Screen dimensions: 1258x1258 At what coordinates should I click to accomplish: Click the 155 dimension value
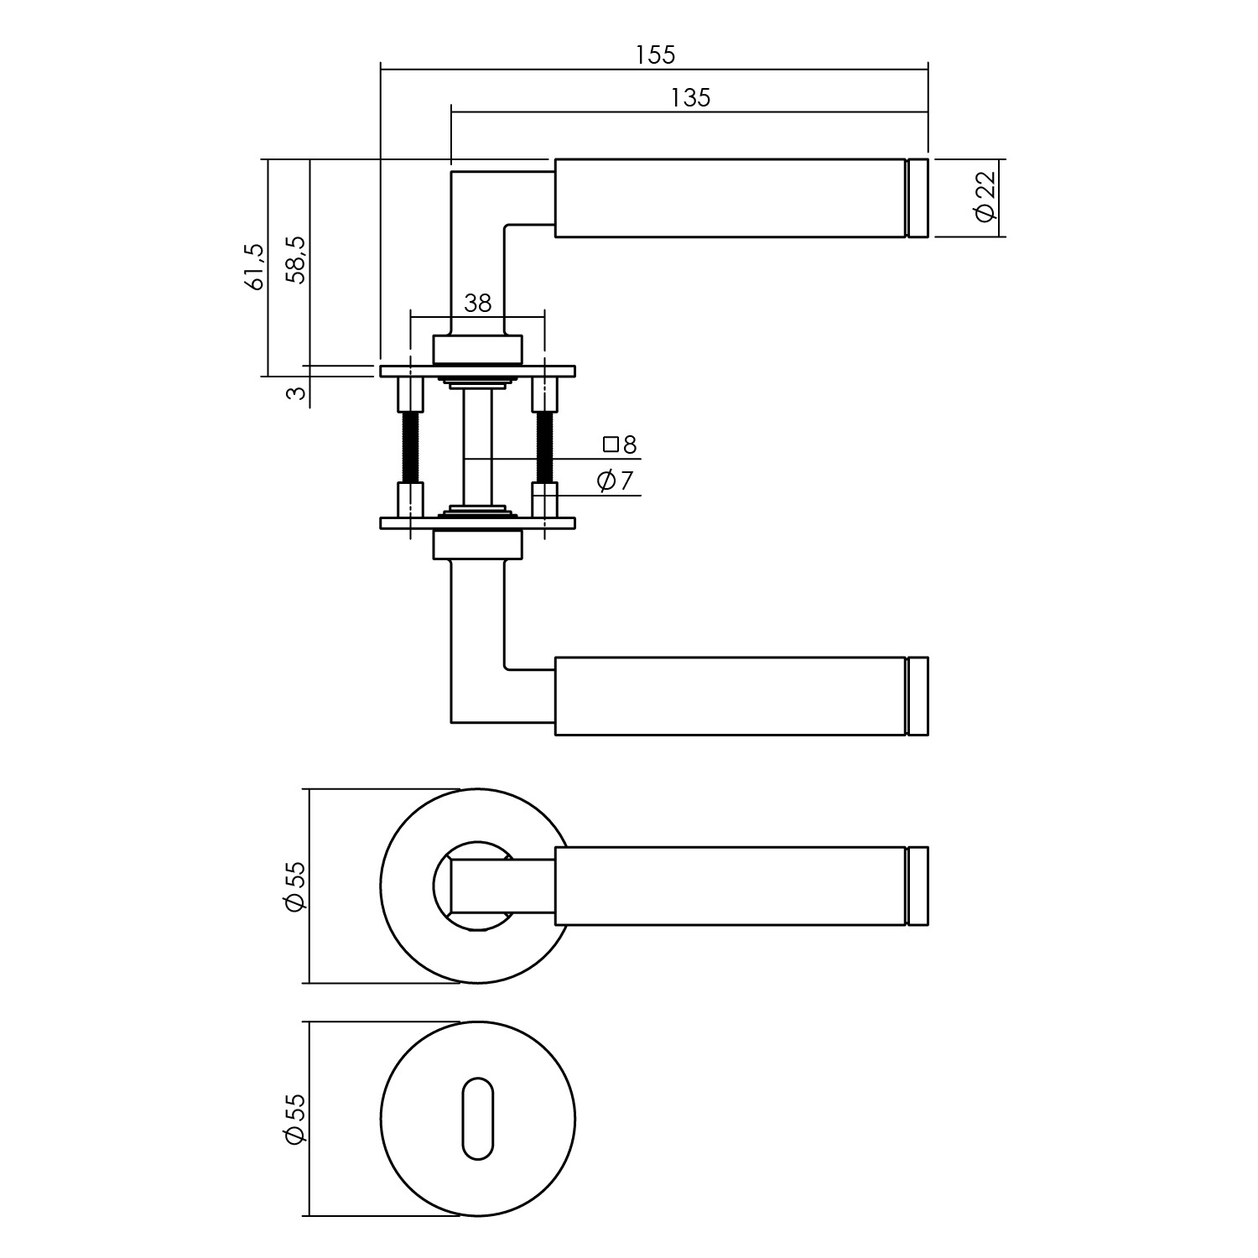click(655, 55)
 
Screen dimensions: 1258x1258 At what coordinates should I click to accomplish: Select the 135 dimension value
click(690, 98)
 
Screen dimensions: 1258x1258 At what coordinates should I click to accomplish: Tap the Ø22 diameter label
click(985, 197)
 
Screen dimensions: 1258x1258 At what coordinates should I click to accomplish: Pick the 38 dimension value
click(477, 303)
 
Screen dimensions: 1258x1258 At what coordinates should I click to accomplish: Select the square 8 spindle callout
click(620, 444)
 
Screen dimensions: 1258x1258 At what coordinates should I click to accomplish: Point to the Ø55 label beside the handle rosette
click(294, 886)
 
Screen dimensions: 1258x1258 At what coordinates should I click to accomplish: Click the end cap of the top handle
click(918, 197)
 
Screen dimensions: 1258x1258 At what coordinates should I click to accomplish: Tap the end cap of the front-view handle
click(918, 886)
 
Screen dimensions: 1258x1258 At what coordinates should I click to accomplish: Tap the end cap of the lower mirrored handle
click(918, 696)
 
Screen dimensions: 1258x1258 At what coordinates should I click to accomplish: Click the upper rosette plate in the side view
click(477, 371)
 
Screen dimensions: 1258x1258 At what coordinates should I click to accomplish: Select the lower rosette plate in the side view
click(477, 523)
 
